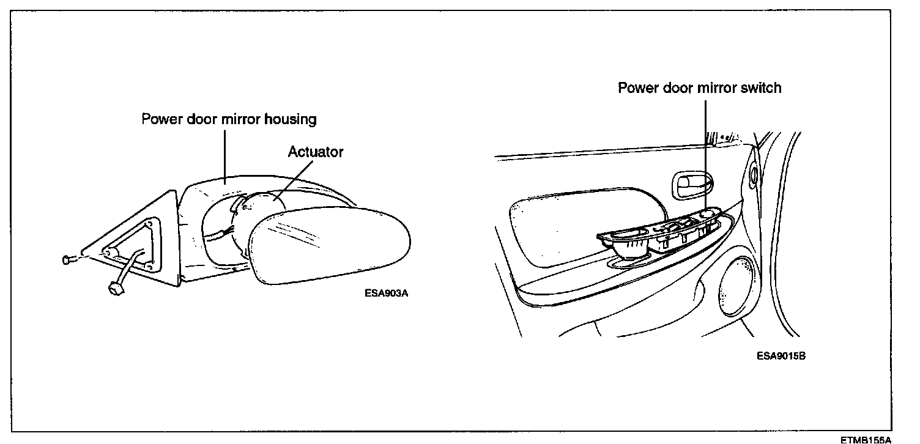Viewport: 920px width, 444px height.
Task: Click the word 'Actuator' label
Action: click(316, 152)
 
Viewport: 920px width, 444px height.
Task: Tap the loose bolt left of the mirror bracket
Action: click(68, 260)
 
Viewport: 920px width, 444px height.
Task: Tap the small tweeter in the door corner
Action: click(753, 174)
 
